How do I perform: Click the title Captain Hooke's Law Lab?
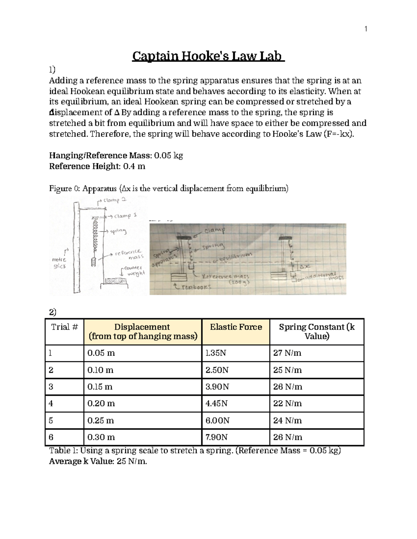208,56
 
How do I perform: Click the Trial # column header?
64,327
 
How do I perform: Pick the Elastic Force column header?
236,327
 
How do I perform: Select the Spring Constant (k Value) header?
317,331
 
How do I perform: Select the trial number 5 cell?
51,420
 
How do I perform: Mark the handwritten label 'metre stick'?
59,263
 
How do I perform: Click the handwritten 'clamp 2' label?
115,200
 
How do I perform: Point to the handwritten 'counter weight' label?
135,270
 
